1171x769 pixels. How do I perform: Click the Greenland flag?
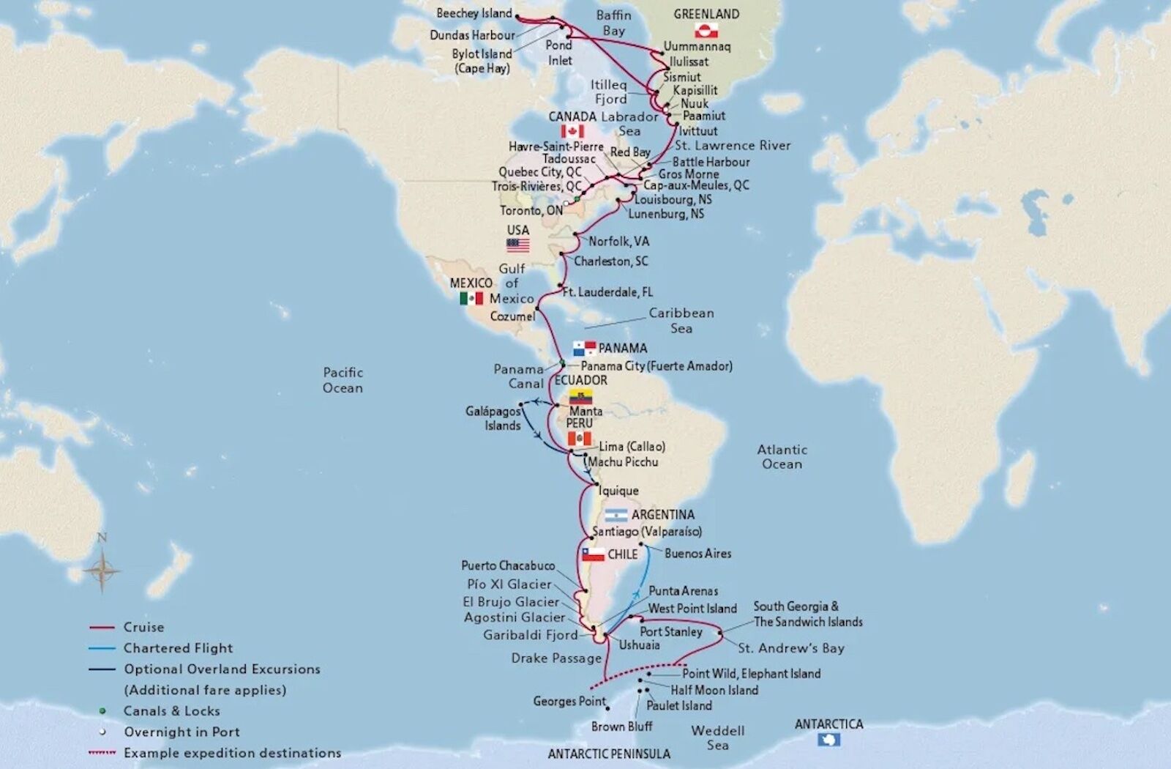[x=706, y=30]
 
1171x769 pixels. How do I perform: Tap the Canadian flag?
[x=572, y=131]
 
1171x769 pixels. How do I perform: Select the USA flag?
[x=518, y=245]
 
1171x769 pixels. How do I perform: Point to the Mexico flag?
[x=471, y=298]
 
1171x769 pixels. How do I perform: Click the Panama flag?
[x=584, y=348]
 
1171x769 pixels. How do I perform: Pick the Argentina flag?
[x=616, y=515]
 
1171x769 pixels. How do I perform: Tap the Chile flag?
[x=593, y=554]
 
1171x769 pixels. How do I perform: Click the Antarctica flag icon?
[x=829, y=740]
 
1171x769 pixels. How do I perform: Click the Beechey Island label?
[x=474, y=13]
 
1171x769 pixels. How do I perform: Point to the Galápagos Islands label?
[x=493, y=418]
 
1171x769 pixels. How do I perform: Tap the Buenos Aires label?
[x=697, y=554]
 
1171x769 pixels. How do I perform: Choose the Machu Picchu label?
[x=623, y=462]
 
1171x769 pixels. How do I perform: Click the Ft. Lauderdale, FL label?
[x=607, y=292]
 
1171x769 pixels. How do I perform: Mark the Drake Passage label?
[x=556, y=658]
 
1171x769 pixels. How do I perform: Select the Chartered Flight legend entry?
[x=178, y=648]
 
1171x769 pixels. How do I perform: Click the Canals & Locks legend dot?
[x=102, y=710]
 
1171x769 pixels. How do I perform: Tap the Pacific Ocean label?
[x=343, y=380]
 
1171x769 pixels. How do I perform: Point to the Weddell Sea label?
[x=717, y=738]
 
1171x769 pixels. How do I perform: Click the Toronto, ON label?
[x=531, y=211]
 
